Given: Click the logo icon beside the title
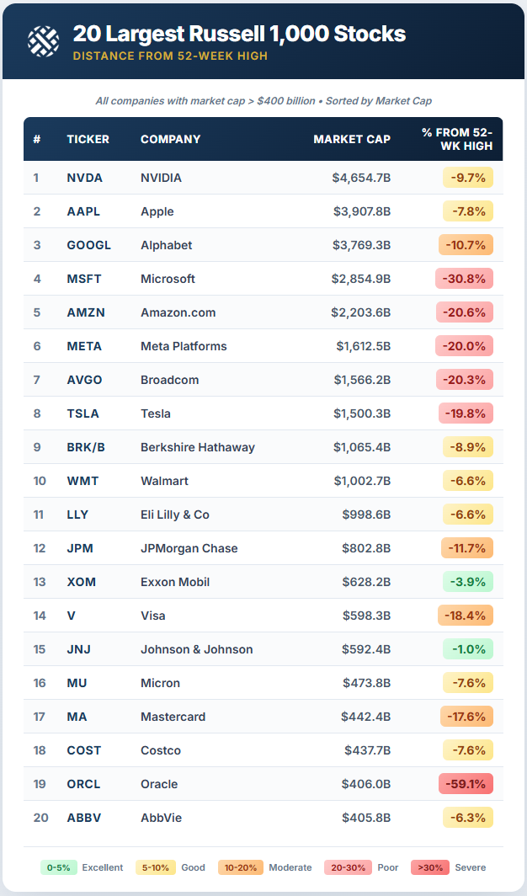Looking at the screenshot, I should (43, 40).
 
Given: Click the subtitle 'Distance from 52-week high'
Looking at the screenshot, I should (170, 56).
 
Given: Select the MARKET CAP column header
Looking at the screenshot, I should (352, 139).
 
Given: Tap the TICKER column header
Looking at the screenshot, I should (88, 139).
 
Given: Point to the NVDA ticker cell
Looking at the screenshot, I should (85, 178).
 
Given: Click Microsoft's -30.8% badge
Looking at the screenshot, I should (464, 279).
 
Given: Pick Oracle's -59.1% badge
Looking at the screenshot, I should (466, 784).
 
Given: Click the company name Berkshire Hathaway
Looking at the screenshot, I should (198, 447).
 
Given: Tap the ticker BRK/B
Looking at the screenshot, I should (86, 447).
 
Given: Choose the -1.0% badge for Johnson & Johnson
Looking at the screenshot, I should (467, 649).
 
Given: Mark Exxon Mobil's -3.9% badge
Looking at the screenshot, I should (467, 582).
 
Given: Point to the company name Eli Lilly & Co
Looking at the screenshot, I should (175, 515).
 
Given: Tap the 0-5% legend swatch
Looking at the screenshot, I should (59, 867).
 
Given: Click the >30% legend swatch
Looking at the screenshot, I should (429, 867).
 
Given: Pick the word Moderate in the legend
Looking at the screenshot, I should (290, 867).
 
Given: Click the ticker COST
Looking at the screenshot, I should (84, 750).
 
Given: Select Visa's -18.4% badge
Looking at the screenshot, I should (466, 616).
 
